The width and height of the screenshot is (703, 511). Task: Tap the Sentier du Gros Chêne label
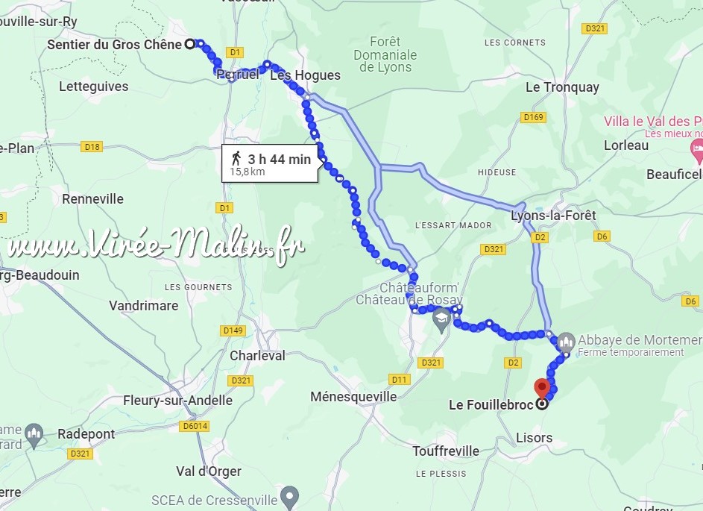pos(114,45)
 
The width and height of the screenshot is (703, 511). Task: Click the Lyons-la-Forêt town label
pos(554,216)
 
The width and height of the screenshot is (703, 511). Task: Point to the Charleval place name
pos(257,356)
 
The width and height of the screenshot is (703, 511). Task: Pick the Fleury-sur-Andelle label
pos(177,401)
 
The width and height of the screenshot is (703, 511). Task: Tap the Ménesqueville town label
pos(353,397)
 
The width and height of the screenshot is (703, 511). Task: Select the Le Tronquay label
pos(562,87)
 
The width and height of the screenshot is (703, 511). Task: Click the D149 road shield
pos(233,330)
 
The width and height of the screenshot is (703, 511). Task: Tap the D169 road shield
pos(534,117)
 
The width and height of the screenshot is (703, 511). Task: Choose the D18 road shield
pos(92,147)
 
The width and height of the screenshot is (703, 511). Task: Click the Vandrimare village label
pos(144,306)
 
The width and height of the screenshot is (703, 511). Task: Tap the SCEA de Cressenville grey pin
pos(290,495)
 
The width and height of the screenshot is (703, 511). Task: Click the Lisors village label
pos(535,438)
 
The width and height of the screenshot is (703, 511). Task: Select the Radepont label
pos(86,434)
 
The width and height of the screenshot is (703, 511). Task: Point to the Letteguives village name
pos(93,87)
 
